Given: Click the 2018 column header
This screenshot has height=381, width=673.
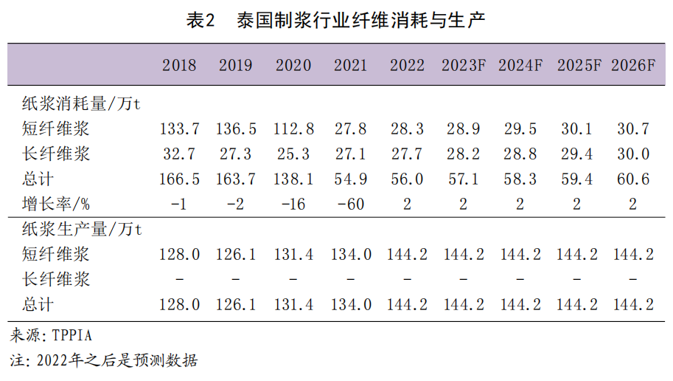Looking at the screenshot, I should coord(179,65).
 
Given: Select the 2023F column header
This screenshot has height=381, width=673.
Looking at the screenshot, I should coord(463,65).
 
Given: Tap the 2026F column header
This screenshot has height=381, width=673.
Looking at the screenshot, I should coord(632,65).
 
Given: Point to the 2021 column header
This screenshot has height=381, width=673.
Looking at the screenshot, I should coord(349,65).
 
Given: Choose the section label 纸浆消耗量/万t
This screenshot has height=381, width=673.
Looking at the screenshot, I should coord(80,104).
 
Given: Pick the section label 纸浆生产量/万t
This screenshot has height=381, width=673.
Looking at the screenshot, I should coord(80,230).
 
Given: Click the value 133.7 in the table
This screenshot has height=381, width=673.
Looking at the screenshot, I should coord(179,129).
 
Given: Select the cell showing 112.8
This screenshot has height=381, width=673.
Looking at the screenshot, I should coord(294,129).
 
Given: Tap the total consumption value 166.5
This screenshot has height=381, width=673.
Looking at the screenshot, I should coord(179,179).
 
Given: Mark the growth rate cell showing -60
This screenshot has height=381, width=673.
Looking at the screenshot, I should coord(349,204).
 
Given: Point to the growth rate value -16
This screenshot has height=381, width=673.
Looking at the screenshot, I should coord(293,204).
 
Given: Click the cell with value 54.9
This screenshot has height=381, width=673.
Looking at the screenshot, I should coord(349,179).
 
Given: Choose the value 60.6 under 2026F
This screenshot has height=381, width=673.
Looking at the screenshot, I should coord(632,179).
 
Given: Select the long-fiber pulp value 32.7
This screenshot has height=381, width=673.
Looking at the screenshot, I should coord(179,154).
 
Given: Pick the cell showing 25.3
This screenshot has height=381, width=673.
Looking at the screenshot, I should coord(294,154).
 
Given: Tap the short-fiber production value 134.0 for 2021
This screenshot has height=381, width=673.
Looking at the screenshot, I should coord(349,255).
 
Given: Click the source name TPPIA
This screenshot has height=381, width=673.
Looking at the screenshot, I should coord(72,336).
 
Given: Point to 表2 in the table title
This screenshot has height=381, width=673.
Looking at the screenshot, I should coord(200,21).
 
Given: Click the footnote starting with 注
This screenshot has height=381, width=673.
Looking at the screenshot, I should coord(104,361).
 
